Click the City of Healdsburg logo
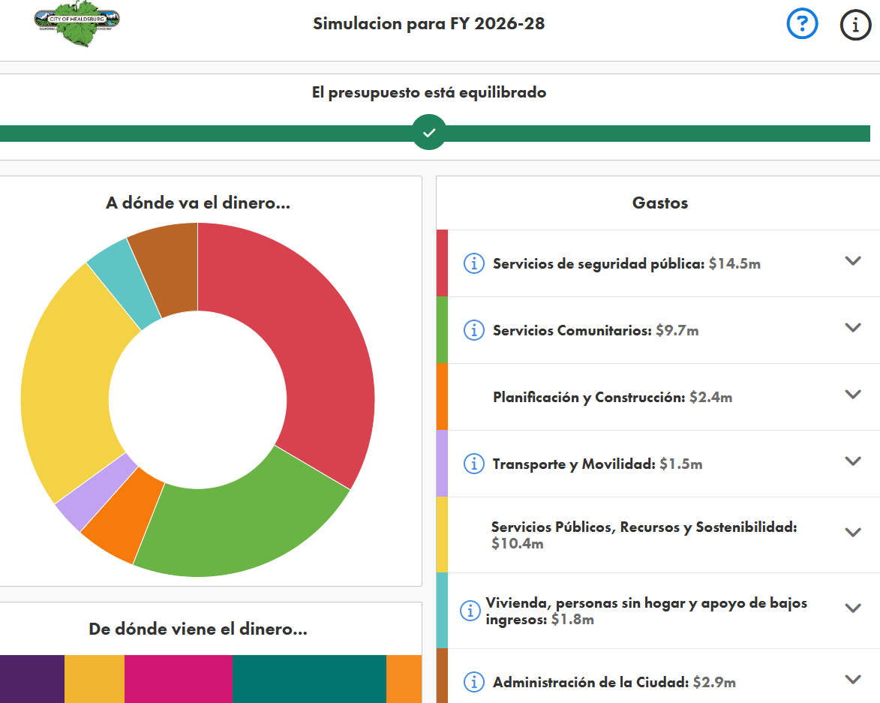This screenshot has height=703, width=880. point(77,25)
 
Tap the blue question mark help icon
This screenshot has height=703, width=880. point(802,25)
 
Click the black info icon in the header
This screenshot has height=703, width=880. point(854,26)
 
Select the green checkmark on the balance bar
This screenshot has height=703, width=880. point(429,133)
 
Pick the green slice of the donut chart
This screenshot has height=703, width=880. point(240,525)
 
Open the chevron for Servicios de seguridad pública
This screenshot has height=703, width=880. point(852,261)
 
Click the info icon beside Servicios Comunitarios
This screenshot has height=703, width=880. point(473,330)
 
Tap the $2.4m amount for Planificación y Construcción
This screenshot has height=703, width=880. point(710,398)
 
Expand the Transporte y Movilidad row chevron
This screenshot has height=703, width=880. point(852,461)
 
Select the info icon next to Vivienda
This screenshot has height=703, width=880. point(470,611)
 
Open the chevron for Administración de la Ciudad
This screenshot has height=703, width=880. point(852,680)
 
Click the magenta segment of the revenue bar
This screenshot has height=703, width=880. point(178,679)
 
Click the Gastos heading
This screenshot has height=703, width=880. point(659,203)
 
